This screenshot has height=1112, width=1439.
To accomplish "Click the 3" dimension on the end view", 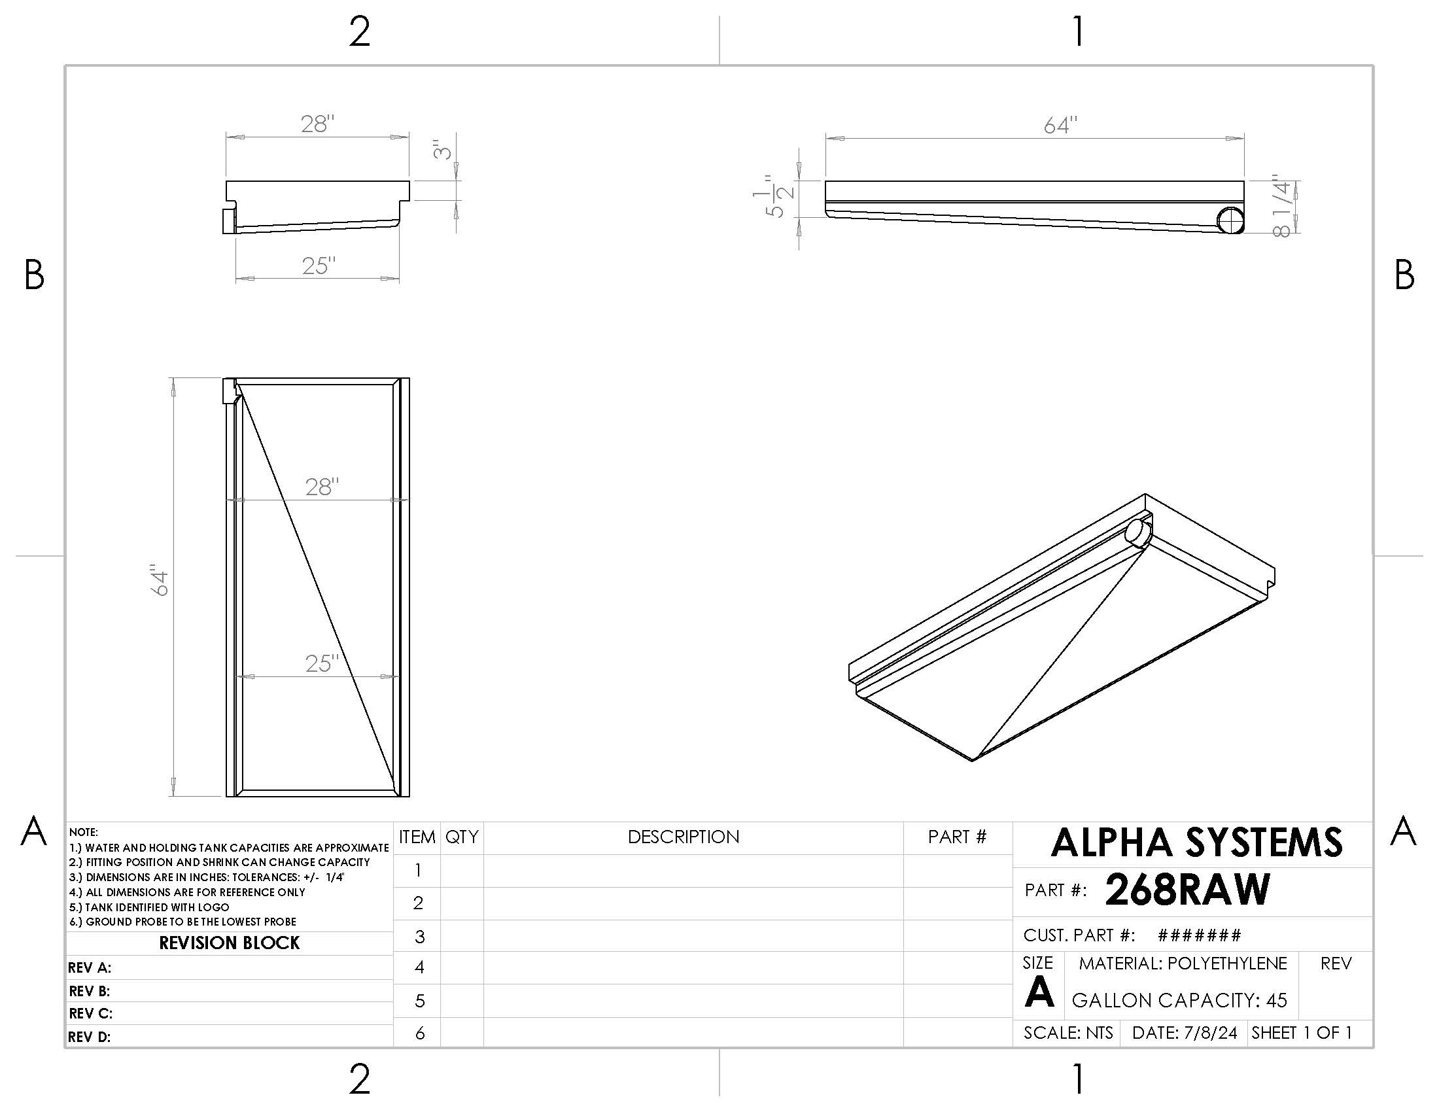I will coord(443,150).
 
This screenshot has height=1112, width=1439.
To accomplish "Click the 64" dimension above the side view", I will coord(1060,125).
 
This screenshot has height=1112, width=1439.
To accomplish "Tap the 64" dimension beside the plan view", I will coord(160,580).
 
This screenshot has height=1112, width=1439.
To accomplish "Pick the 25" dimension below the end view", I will coord(319,266).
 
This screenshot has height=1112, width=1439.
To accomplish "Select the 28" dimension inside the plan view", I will coord(322,487).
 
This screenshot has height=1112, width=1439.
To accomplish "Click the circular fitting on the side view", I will coord(1230,219).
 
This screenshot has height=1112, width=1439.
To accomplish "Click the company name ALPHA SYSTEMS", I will coord(1196,843).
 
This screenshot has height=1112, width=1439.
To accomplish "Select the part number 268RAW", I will coord(1187,890).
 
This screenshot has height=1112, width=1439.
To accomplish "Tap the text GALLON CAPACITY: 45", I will coord(1179,1001).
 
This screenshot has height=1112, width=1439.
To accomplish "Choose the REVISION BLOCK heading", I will coord(230,943).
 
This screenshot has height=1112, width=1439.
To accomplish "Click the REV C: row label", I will coord(90,1013).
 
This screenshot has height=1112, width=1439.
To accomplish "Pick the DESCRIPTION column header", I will coord(684,837).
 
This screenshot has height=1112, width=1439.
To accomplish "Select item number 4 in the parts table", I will coord(419,967).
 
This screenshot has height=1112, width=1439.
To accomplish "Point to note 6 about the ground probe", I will coord(182,922).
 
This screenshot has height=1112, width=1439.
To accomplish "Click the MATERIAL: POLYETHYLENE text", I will coord(1183,964).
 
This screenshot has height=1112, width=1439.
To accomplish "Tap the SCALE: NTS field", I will coord(1068,1033).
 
